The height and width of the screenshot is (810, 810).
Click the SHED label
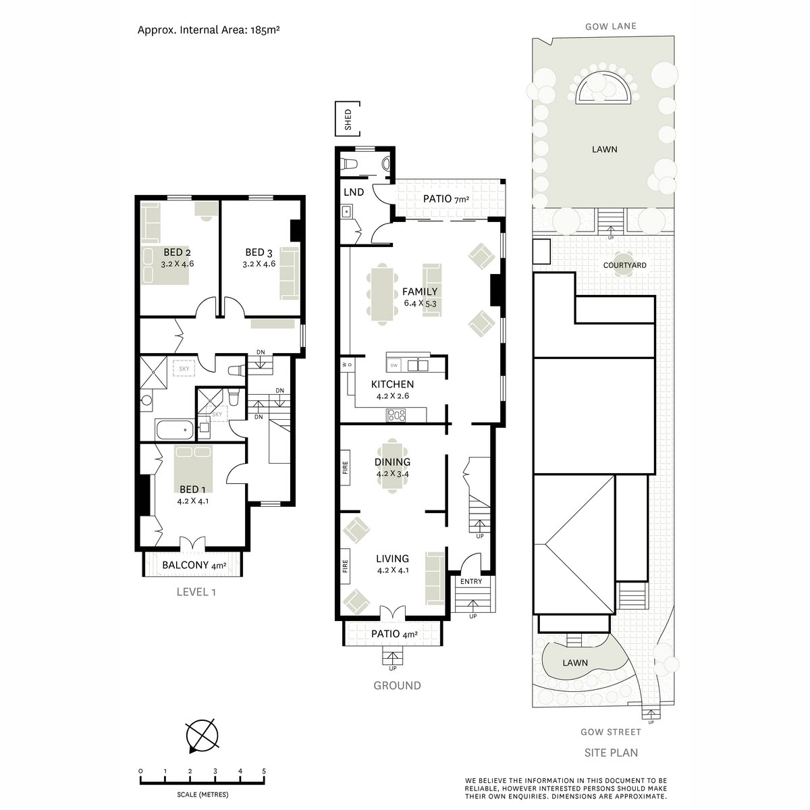(348, 119)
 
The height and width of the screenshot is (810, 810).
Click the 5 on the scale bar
(264, 772)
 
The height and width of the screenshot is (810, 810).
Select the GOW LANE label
(611, 26)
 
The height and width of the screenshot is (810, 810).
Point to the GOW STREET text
(611, 732)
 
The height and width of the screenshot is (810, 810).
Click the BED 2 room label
(177, 252)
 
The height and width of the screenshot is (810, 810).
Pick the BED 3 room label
(259, 252)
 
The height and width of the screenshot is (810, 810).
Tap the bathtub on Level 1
(174, 429)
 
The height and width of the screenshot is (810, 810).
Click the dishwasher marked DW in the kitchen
(394, 365)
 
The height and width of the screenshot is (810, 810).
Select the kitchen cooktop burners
(396, 415)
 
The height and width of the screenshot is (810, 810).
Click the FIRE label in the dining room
(345, 467)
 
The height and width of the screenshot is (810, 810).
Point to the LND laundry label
(354, 192)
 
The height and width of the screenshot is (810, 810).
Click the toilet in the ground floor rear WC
(348, 163)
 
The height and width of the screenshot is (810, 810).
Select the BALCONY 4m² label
(194, 565)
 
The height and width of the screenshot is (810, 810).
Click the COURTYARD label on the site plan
(624, 265)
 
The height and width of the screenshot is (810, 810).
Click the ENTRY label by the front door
(470, 581)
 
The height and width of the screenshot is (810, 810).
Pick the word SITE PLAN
(611, 753)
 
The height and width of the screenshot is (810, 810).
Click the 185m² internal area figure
(265, 30)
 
